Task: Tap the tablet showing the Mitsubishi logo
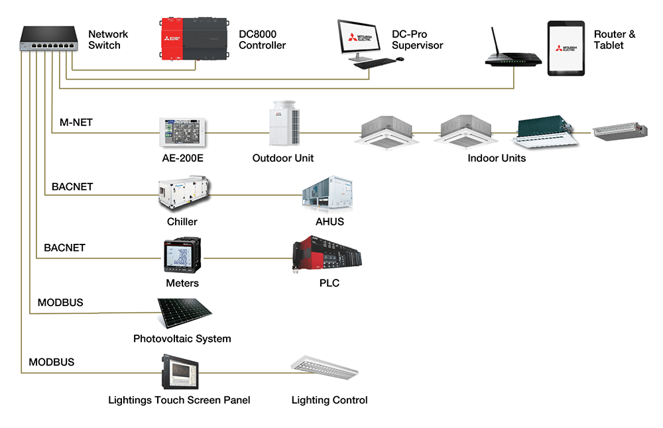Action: pos(566,48)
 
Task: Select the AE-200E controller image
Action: pos(182,132)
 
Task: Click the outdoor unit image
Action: pos(283,124)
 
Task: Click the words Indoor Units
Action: pos(497,158)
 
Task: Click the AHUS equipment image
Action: pos(330,193)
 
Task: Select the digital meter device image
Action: pos(182,256)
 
